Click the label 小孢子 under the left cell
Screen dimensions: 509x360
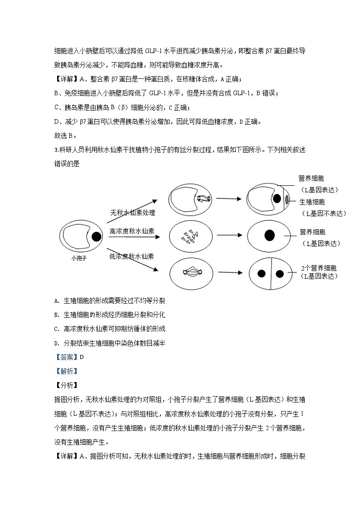click(78, 257)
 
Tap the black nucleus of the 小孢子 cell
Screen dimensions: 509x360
click(96, 237)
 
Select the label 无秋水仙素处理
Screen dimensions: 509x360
click(133, 213)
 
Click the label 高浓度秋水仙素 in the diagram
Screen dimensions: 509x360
click(132, 231)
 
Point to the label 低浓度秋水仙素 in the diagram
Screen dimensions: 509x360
click(131, 256)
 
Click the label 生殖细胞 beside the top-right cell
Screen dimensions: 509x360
click(312, 202)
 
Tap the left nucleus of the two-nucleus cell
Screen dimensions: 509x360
click(262, 273)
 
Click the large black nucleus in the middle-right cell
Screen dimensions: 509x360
click(269, 235)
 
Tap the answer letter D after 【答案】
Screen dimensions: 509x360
click(82, 357)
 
